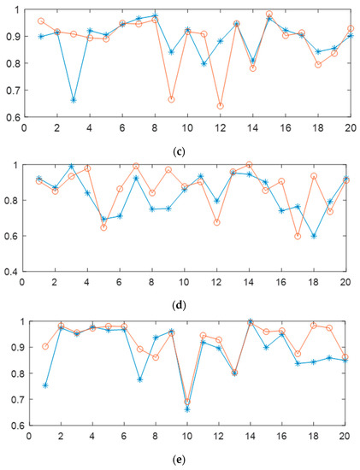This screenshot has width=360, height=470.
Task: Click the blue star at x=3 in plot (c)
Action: pyautogui.click(x=74, y=100)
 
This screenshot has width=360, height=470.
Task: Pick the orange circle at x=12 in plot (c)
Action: pyautogui.click(x=221, y=106)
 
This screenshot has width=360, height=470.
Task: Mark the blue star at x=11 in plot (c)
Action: pyautogui.click(x=204, y=63)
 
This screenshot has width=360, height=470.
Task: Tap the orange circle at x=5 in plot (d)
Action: pyautogui.click(x=103, y=227)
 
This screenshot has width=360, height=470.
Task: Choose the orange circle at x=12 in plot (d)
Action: pyautogui.click(x=217, y=222)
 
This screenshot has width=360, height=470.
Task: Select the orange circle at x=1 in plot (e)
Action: pyautogui.click(x=44, y=346)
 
